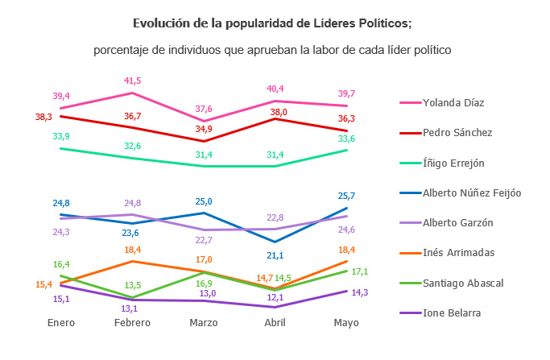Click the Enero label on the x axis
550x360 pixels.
(x=61, y=322)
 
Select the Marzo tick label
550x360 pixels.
(x=205, y=322)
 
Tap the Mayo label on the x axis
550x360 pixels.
(x=347, y=322)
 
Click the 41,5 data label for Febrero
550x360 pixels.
(x=133, y=81)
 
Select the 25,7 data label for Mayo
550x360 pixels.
(x=347, y=196)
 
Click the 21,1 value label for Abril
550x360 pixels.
(x=275, y=255)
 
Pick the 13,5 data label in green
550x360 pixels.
(x=133, y=285)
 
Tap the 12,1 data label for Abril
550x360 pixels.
(x=275, y=297)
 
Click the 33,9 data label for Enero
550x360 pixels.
(x=61, y=136)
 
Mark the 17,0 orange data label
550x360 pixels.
(x=205, y=259)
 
